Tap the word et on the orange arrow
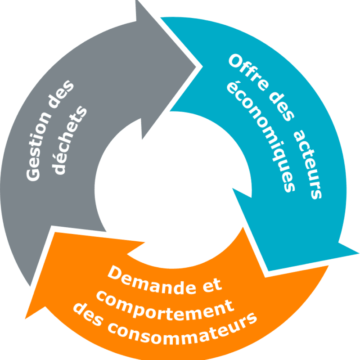211,284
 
